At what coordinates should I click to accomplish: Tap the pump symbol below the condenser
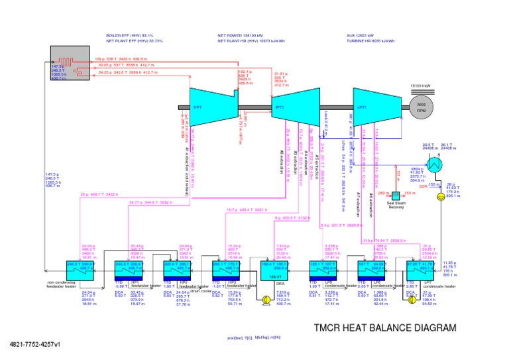click(440, 198)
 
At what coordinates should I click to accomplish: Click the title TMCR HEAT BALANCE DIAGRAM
click(384, 328)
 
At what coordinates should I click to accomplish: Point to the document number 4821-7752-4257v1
click(35, 344)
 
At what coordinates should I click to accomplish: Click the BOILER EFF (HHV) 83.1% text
click(130, 36)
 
